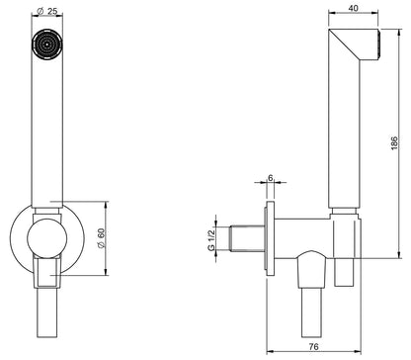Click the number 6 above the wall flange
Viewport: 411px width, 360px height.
tap(269, 178)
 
